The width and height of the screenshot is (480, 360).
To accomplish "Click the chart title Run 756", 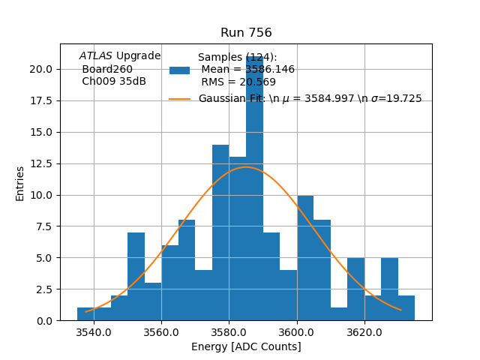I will click(246, 33).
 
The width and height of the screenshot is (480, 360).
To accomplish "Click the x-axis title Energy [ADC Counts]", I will click(246, 346).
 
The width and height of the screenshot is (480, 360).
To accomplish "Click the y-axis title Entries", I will click(20, 183).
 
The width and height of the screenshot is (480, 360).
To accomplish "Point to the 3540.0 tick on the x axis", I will click(94, 332).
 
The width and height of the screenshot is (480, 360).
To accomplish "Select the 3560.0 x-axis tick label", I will click(161, 332).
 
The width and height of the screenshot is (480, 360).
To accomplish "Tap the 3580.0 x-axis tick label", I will click(229, 332).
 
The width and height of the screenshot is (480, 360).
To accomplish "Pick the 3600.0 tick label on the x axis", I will click(297, 332).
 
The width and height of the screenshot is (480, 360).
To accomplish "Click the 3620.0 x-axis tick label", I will click(364, 332).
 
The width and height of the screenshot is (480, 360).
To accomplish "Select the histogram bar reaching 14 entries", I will click(220, 232).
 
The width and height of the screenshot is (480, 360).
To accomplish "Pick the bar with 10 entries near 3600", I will click(305, 259).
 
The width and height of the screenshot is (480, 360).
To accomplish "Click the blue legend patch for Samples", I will click(179, 70).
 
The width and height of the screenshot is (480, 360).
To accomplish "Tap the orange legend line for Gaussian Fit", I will click(179, 99).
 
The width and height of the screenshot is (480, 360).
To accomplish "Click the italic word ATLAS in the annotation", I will click(96, 56).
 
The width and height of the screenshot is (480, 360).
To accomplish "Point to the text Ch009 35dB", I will click(114, 82).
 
